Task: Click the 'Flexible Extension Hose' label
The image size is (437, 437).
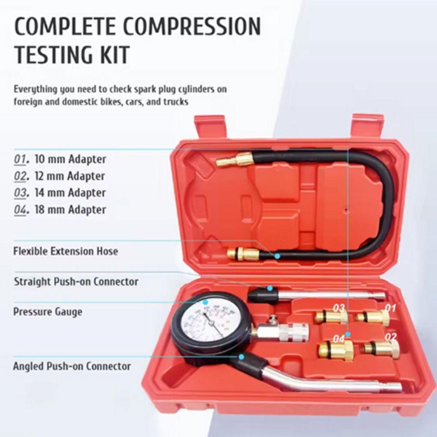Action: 66,251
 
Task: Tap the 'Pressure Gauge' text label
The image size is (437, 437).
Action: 48,312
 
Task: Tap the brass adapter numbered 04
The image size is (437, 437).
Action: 336,350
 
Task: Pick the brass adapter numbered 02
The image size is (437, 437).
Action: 382,349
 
